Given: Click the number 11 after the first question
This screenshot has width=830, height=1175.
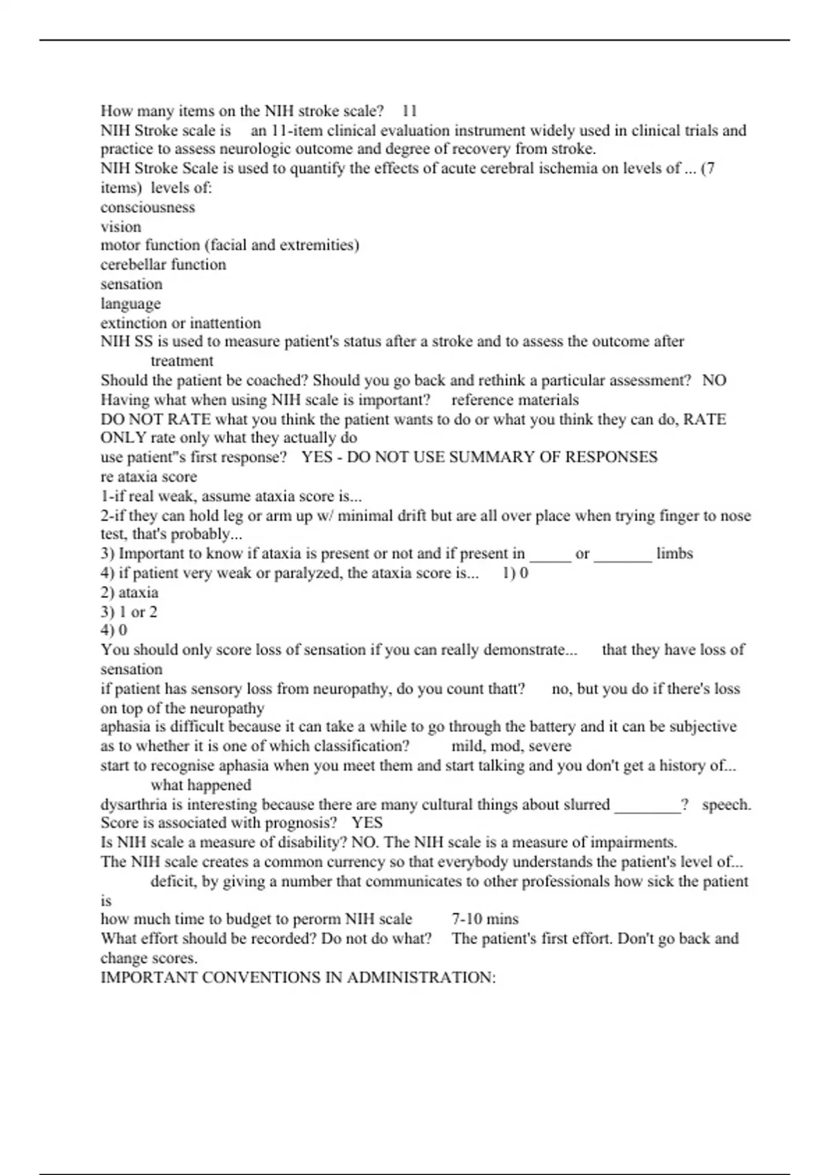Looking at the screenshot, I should [409, 111].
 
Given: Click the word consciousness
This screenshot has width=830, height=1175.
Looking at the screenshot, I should [147, 207].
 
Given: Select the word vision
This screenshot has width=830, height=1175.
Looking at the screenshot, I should [120, 227].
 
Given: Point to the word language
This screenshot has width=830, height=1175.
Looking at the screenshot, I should [130, 303].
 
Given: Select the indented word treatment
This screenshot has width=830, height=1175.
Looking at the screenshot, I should [182, 361].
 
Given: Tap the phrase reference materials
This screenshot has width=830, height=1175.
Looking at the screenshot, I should [515, 399].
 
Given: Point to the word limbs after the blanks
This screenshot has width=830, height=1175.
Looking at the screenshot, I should [674, 554].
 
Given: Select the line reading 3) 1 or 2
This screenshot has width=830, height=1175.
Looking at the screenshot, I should [129, 612].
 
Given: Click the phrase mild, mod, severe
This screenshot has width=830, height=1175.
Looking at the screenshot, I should [511, 746].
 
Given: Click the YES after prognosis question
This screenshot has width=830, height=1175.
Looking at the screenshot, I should [367, 822].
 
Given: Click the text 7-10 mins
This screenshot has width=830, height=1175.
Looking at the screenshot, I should [485, 919].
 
